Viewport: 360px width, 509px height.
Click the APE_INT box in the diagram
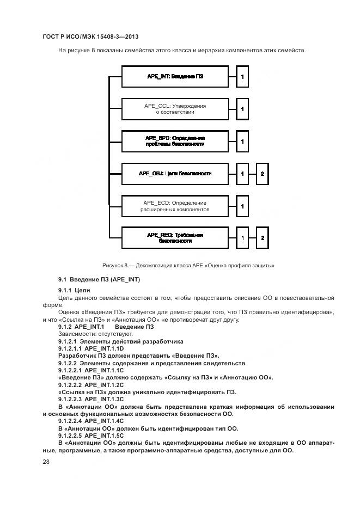click(x=175, y=77)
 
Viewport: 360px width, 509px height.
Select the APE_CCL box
click(x=175, y=109)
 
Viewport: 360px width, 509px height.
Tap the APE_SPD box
click(x=175, y=142)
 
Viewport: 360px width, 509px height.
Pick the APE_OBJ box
click(x=175, y=174)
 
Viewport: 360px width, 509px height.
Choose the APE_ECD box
click(x=175, y=206)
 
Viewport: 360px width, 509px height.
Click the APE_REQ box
click(x=175, y=238)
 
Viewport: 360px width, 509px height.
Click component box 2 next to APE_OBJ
click(x=263, y=174)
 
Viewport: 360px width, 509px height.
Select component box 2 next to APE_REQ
click(x=263, y=238)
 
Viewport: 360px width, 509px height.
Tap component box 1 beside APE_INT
click(x=242, y=77)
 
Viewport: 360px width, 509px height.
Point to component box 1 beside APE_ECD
click(x=242, y=206)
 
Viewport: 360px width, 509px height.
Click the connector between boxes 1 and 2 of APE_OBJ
click(x=253, y=174)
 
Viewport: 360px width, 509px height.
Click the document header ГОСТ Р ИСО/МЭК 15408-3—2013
click(x=89, y=36)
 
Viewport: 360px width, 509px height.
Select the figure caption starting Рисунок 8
click(x=188, y=266)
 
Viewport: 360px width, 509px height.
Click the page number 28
click(x=46, y=462)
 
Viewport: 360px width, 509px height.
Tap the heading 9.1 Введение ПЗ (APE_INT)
click(x=99, y=279)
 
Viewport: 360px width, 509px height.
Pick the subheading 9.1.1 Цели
click(x=74, y=290)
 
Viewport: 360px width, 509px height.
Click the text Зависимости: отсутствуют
click(x=88, y=334)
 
